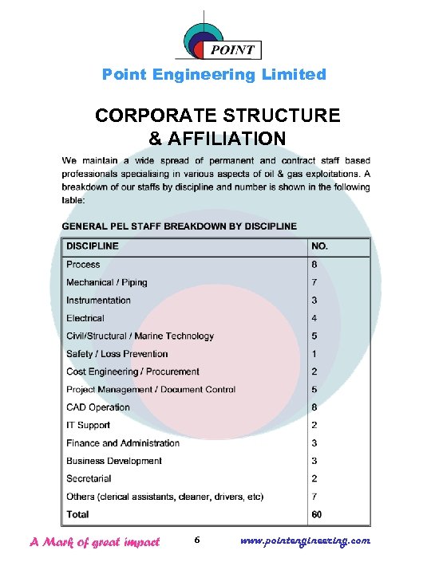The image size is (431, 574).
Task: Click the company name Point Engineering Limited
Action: [x=214, y=75]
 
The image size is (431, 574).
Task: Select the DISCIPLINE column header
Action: [x=93, y=246]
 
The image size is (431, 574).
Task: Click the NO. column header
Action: [x=319, y=246]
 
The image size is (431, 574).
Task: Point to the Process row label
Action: [x=83, y=265]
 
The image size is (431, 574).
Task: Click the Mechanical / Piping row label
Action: [x=107, y=282]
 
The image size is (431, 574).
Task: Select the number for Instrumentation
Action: [x=314, y=301]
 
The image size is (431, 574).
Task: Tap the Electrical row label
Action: [x=85, y=318]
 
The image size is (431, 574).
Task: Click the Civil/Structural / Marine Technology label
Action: [x=140, y=336]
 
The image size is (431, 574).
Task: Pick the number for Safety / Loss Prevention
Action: [x=314, y=354]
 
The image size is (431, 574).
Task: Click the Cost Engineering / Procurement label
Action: [x=132, y=372]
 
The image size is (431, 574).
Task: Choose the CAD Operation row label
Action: [x=98, y=407]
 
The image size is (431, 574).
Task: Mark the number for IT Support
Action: [x=314, y=425]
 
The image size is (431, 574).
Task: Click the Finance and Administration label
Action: [x=123, y=443]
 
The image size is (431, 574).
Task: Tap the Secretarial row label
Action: [x=89, y=479]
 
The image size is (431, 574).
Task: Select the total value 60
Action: [x=317, y=514]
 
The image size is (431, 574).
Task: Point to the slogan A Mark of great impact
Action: [x=95, y=542]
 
